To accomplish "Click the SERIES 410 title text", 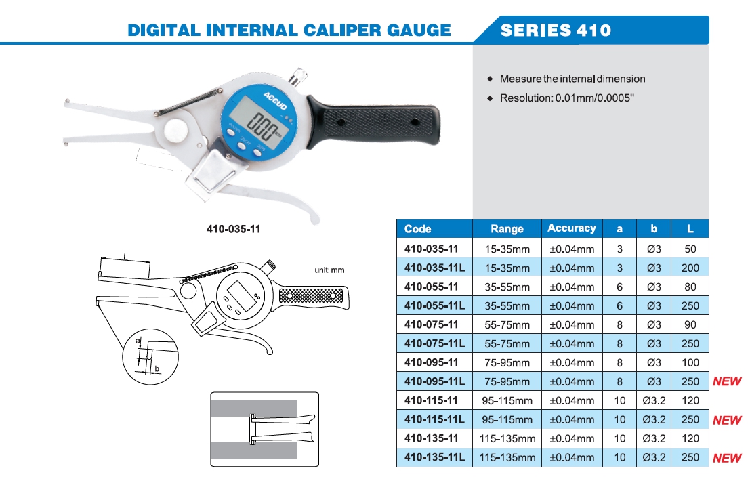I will (555, 30).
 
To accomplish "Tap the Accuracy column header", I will (571, 228).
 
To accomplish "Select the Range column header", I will (507, 229).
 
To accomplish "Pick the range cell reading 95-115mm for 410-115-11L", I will (507, 420).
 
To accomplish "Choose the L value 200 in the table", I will (690, 268).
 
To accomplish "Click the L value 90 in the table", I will (690, 324).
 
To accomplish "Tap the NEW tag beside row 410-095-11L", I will (727, 382).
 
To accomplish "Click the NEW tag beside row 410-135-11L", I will (727, 458).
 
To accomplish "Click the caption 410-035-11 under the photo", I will (233, 229).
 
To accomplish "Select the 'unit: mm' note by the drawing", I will (329, 270).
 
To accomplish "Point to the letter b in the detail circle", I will (157, 368).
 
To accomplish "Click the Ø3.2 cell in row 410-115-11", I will (654, 401).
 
